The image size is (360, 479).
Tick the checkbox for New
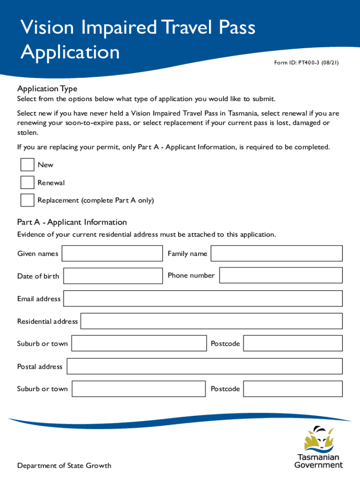pos(28,165)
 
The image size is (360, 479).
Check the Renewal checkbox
pos(28,182)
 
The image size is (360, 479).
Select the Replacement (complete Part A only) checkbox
pos(28,200)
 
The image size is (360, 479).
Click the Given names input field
pos(112,254)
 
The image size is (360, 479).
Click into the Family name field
pos(276,254)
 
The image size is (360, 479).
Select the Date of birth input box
pos(113,276)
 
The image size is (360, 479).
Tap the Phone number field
pos(281,276)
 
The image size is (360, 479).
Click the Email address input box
pos(203,298)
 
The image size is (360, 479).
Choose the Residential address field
pos(211,321)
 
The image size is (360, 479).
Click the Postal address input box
pos(205,366)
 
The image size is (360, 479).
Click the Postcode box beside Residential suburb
pos(293,343)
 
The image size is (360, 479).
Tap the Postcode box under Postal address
pos(293,389)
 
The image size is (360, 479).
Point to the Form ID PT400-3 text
pos(306,73)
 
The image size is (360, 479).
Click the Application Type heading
pos(47,89)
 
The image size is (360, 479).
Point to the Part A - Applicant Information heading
pos(72,222)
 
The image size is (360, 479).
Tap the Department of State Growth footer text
pos(64,465)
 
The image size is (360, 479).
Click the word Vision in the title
pos(49,28)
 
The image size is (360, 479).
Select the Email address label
pos(39,299)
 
